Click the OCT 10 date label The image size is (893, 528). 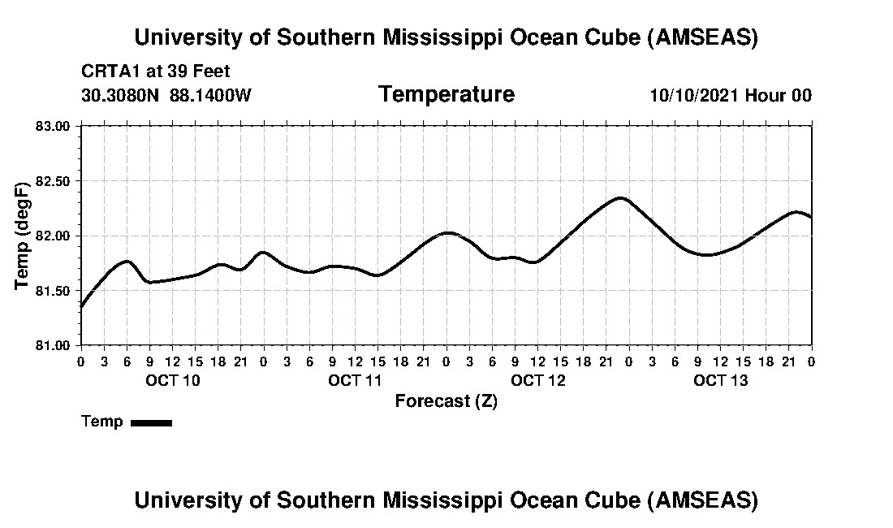(172, 380)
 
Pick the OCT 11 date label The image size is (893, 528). (355, 380)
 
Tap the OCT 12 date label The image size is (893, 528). (538, 380)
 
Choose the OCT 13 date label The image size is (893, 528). (721, 380)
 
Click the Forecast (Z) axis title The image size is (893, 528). (446, 401)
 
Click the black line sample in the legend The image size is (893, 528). (151, 422)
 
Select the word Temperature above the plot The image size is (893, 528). (446, 94)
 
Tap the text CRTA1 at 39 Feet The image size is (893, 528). (156, 71)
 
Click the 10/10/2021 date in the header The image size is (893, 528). (694, 96)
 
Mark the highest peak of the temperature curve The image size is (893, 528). (621, 197)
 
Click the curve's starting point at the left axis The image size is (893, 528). (81, 307)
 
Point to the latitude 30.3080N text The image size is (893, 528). (122, 96)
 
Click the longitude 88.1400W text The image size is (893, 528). (210, 96)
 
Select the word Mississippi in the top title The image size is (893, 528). (444, 37)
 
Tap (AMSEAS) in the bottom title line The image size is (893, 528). (703, 500)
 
